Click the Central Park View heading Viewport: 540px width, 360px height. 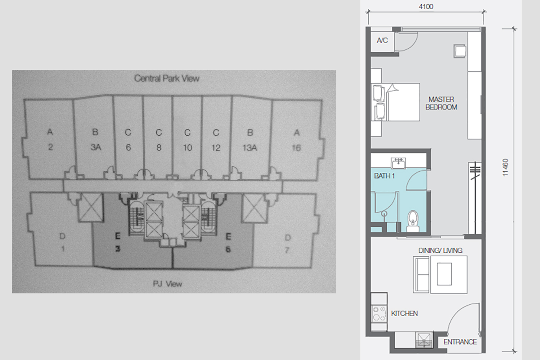tap(167, 78)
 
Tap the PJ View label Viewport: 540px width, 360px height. tap(167, 284)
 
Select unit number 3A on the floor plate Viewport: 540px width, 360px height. tap(96, 147)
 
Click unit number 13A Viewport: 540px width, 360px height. tap(250, 147)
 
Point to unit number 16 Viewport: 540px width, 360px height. tap(296, 148)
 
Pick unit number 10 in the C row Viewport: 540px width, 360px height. tap(188, 147)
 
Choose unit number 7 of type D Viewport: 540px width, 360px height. tap(287, 250)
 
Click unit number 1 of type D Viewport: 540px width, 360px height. tap(63, 249)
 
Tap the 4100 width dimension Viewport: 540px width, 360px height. tap(426, 6)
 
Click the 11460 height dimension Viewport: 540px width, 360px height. tap(505, 168)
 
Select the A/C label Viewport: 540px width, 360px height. tap(382, 40)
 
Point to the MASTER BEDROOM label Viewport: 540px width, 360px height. tap(441, 103)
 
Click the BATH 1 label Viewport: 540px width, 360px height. tap(384, 176)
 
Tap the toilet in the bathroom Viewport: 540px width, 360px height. tap(413, 221)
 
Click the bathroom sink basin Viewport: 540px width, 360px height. tap(398, 163)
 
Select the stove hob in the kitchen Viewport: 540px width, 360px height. tap(379, 314)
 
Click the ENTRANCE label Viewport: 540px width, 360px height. tap(460, 342)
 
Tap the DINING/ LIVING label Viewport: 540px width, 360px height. tap(440, 251)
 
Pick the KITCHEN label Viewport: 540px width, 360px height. tap(404, 314)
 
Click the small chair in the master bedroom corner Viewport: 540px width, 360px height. tap(460, 51)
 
